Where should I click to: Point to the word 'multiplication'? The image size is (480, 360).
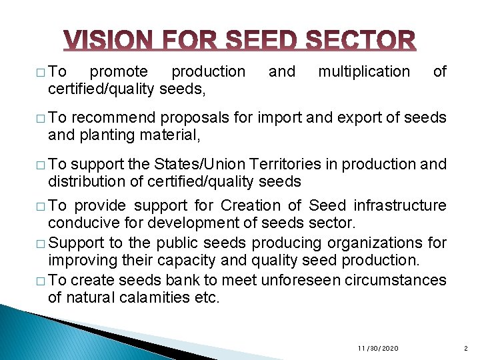(x=364, y=71)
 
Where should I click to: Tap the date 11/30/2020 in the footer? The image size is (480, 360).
(x=378, y=349)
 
